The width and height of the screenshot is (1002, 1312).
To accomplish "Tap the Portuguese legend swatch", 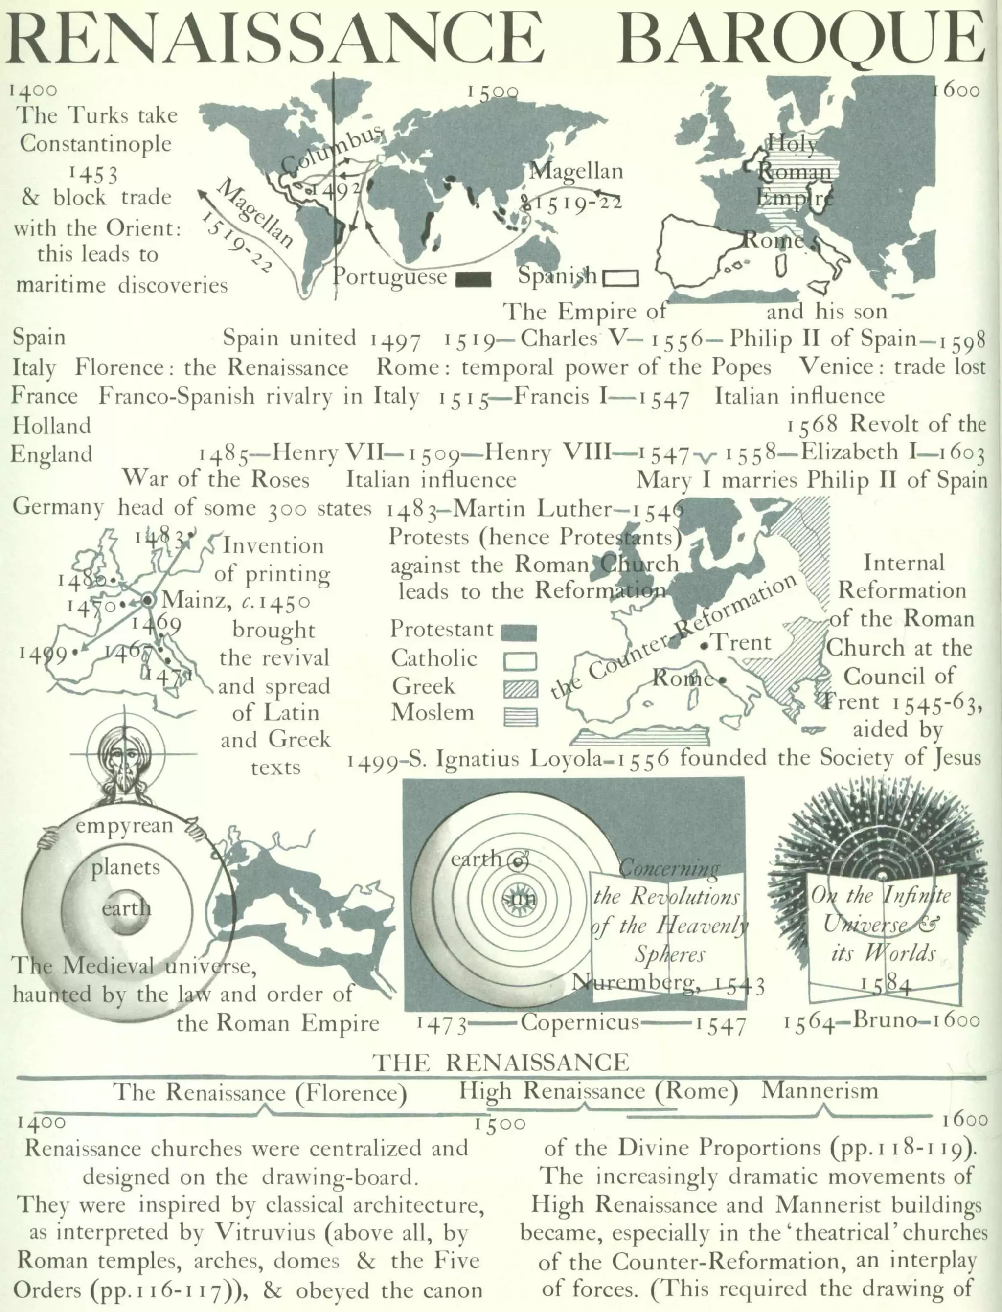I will [473, 279].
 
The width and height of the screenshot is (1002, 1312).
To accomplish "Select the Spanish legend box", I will [621, 278].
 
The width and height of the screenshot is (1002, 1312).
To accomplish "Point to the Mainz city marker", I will [147, 600].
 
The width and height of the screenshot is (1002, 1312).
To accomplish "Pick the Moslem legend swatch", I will [520, 716].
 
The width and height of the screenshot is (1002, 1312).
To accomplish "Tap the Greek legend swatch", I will [520, 689].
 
